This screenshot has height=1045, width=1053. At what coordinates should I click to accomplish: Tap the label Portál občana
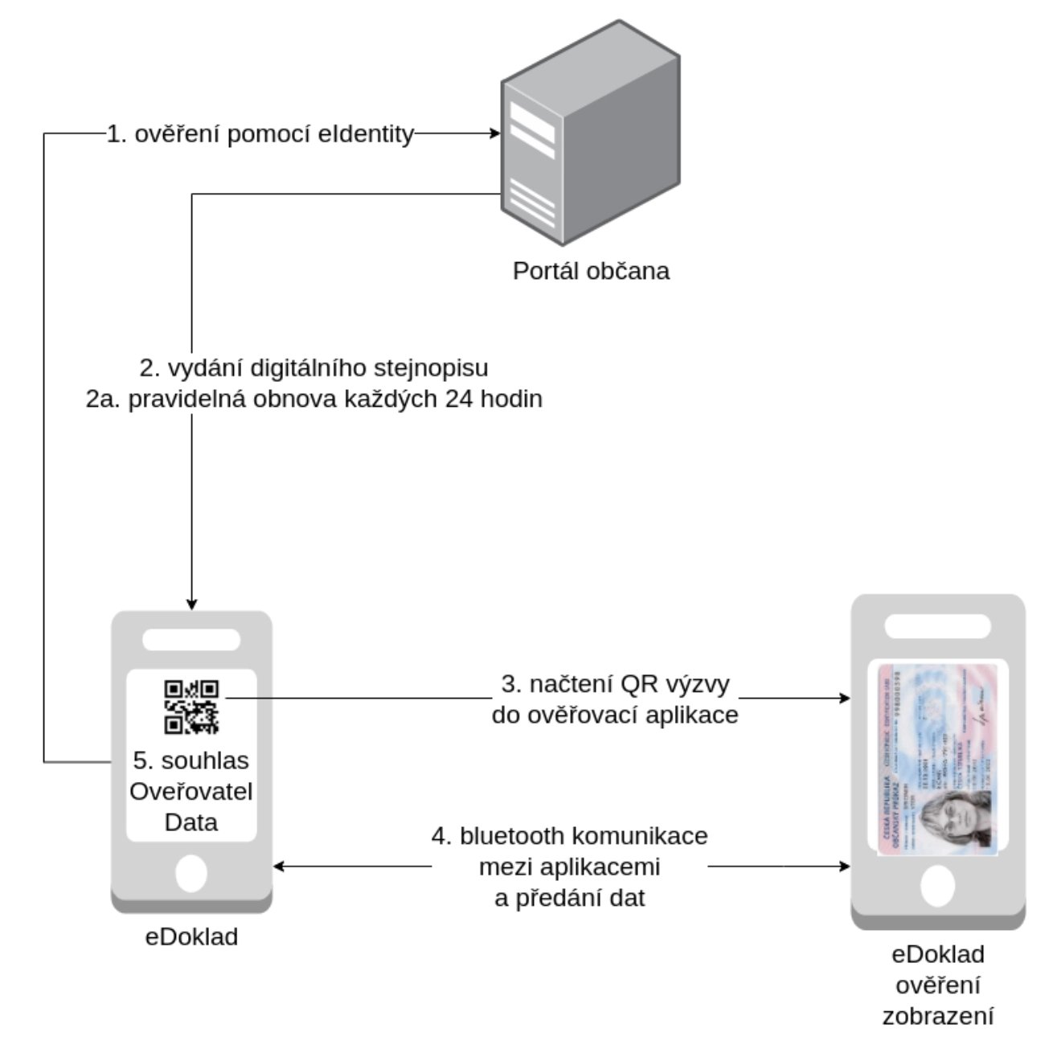pyautogui.click(x=591, y=271)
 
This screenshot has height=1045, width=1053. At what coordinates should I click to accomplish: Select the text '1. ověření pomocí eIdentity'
pyautogui.click(x=260, y=134)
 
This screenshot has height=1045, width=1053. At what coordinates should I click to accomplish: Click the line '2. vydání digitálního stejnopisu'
pyautogui.click(x=314, y=368)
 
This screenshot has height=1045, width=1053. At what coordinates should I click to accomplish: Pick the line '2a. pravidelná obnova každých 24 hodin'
pyautogui.click(x=314, y=399)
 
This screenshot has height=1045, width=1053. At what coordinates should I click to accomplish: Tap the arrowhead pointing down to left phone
pyautogui.click(x=191, y=603)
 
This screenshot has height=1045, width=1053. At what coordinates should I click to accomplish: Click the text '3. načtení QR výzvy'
pyautogui.click(x=615, y=684)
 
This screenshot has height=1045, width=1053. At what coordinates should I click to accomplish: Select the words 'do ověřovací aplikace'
pyautogui.click(x=615, y=715)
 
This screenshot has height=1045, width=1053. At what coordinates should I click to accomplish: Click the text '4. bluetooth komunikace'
pyautogui.click(x=570, y=836)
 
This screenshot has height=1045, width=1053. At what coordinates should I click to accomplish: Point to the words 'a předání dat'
pyautogui.click(x=570, y=898)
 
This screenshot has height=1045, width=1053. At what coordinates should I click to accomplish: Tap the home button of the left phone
pyautogui.click(x=191, y=873)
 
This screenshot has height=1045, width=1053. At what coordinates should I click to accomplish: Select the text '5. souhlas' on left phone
pyautogui.click(x=191, y=760)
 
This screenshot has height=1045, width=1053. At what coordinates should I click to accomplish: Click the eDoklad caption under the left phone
pyautogui.click(x=191, y=936)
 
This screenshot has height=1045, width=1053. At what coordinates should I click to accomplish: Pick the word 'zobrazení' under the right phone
pyautogui.click(x=938, y=1016)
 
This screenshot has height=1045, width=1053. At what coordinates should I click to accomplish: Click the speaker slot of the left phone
pyautogui.click(x=191, y=640)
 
